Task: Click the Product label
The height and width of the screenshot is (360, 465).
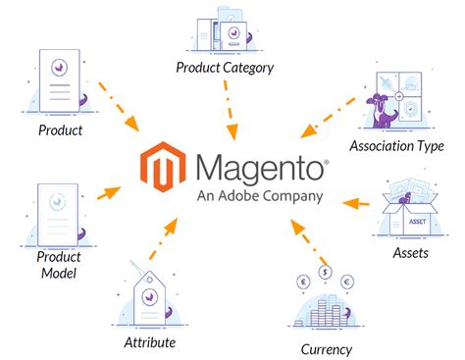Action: [60, 129]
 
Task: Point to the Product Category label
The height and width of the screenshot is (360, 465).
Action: [225, 68]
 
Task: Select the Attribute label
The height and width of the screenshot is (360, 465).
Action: [149, 342]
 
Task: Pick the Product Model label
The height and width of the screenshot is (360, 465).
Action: [61, 266]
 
